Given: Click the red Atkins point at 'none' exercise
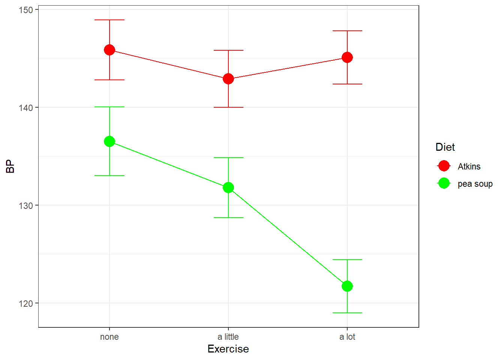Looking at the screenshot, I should (x=109, y=50).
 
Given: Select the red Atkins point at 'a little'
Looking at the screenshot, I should (x=228, y=79).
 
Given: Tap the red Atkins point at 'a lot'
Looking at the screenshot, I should (x=347, y=57).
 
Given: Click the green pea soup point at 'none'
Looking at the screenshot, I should (x=109, y=141).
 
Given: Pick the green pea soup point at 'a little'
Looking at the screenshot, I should (x=228, y=187).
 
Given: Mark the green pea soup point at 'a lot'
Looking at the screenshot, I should (x=347, y=286).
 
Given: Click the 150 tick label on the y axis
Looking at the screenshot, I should (x=26, y=10).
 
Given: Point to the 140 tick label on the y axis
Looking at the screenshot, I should (x=26, y=108).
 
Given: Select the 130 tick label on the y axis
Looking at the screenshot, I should (x=26, y=205).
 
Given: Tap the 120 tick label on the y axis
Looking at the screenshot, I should (x=26, y=303).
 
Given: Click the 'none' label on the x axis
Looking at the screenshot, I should (x=109, y=337).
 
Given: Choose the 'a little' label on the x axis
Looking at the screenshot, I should (x=228, y=337).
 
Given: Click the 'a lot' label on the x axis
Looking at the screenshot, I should (x=347, y=337).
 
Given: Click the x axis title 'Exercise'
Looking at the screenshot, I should (x=228, y=349).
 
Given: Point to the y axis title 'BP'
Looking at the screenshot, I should (x=10, y=166).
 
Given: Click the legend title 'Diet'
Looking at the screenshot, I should (x=445, y=147).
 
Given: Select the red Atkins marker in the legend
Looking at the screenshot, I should (x=444, y=166).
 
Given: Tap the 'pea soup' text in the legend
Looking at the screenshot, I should (x=475, y=184).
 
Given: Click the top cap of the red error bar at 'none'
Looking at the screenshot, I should (x=109, y=20).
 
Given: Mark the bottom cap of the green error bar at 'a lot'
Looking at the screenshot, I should (x=347, y=313).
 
